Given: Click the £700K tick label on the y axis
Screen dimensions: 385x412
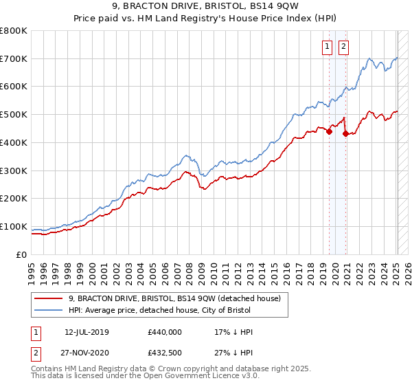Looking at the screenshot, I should (x=14, y=59).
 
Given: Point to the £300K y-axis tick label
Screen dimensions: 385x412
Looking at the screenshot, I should (x=14, y=170).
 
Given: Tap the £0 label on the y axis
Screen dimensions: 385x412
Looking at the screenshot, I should (x=23, y=254).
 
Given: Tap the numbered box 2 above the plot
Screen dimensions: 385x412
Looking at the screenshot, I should (x=343, y=47).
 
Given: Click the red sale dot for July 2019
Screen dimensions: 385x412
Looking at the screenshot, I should (x=329, y=132).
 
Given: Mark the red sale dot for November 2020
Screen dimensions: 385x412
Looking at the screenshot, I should (x=345, y=134).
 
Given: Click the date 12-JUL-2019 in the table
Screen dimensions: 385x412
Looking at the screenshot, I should (x=87, y=332).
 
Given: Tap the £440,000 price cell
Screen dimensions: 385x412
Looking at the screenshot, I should (x=165, y=332).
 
